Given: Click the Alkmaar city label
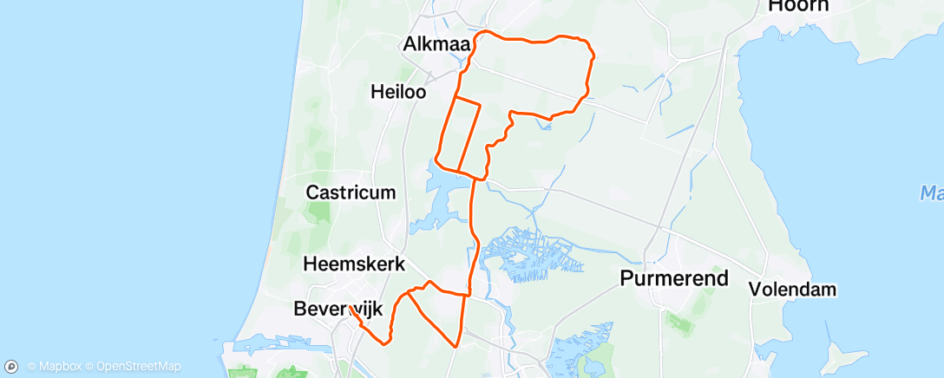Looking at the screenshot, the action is (437, 43).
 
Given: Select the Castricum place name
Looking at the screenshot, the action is (351, 192).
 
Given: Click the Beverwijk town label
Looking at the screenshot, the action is (338, 308).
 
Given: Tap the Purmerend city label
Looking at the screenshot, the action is (674, 278).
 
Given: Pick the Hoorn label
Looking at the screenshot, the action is (797, 6).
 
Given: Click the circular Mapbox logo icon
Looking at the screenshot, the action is (12, 367).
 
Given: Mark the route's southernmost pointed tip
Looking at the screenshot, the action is (456, 346).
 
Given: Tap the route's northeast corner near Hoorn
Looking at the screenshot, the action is (592, 54).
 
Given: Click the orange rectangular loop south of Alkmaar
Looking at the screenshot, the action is (458, 134).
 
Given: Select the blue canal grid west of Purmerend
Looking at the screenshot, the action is (529, 256).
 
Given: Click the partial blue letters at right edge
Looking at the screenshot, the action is (933, 192).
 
